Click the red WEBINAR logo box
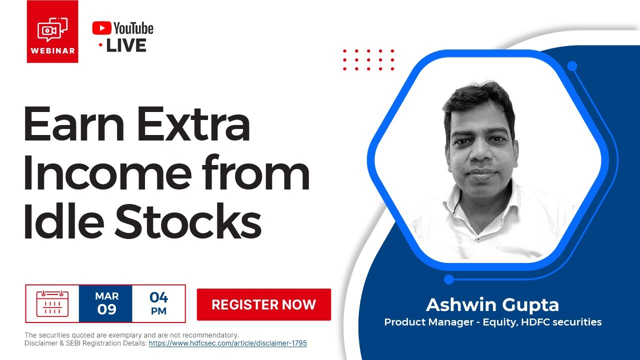point(52,31)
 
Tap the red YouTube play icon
point(101,28)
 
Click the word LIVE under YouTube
point(126,45)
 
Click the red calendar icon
point(52,303)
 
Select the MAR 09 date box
point(106,303)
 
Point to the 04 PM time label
point(158,303)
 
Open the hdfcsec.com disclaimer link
point(227,343)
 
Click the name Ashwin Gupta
point(492,304)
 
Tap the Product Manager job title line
point(492,322)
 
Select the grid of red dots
point(368,59)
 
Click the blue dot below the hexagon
point(449,279)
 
